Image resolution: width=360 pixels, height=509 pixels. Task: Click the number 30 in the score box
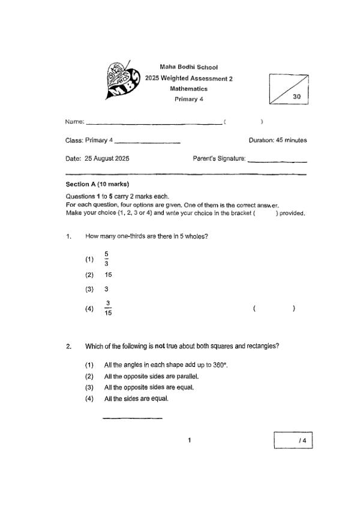[296, 97]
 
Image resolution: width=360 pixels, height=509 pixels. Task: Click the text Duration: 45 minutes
[277, 140]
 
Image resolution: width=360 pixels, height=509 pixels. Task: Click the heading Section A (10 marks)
[97, 184]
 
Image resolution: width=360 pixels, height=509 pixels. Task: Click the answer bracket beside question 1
[274, 309]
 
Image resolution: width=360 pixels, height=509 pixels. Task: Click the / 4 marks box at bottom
[293, 441]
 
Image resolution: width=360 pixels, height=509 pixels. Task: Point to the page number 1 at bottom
[189, 441]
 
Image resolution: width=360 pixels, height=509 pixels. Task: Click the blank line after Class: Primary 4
[148, 141]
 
